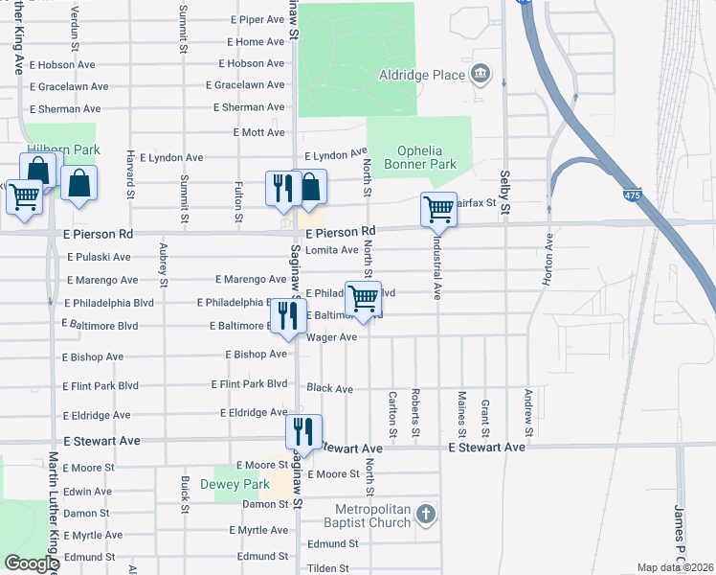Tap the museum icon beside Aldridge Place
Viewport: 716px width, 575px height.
click(481, 74)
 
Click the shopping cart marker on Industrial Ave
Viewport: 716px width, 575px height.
click(438, 207)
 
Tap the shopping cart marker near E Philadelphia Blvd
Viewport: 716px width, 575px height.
click(364, 298)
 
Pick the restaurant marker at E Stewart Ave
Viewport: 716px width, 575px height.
click(303, 430)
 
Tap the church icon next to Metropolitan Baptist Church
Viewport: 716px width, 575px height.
click(426, 517)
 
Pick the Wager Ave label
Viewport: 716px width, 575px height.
click(331, 337)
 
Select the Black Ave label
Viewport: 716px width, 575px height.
click(330, 389)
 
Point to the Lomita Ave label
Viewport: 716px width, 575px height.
click(331, 250)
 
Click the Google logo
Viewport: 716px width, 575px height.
click(31, 563)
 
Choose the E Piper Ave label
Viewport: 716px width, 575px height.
click(258, 19)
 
